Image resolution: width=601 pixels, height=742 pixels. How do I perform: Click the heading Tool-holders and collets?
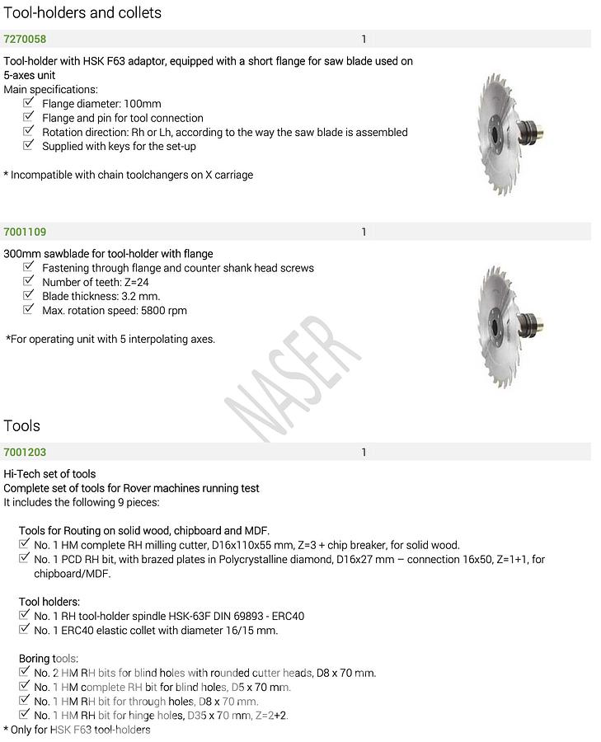tap(82, 13)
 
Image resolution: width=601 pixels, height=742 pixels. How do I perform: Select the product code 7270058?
tap(25, 40)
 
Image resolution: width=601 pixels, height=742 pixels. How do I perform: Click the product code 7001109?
tap(25, 232)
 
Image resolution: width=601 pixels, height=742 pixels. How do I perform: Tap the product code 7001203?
tap(25, 453)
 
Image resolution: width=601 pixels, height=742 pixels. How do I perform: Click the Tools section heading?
tap(22, 425)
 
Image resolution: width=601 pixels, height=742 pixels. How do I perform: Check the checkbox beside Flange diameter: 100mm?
tap(29, 103)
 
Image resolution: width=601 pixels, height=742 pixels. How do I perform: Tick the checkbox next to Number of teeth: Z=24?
tap(29, 281)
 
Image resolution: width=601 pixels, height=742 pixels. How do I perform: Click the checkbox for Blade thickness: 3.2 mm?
tap(29, 295)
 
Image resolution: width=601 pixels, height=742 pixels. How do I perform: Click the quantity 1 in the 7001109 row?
tap(364, 232)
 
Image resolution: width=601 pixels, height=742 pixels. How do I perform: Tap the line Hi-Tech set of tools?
tap(49, 474)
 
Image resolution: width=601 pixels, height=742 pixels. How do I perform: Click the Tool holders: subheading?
tap(49, 602)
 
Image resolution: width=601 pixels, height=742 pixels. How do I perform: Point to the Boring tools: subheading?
tap(49, 659)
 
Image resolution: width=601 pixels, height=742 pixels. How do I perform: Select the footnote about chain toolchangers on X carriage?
tap(129, 175)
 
